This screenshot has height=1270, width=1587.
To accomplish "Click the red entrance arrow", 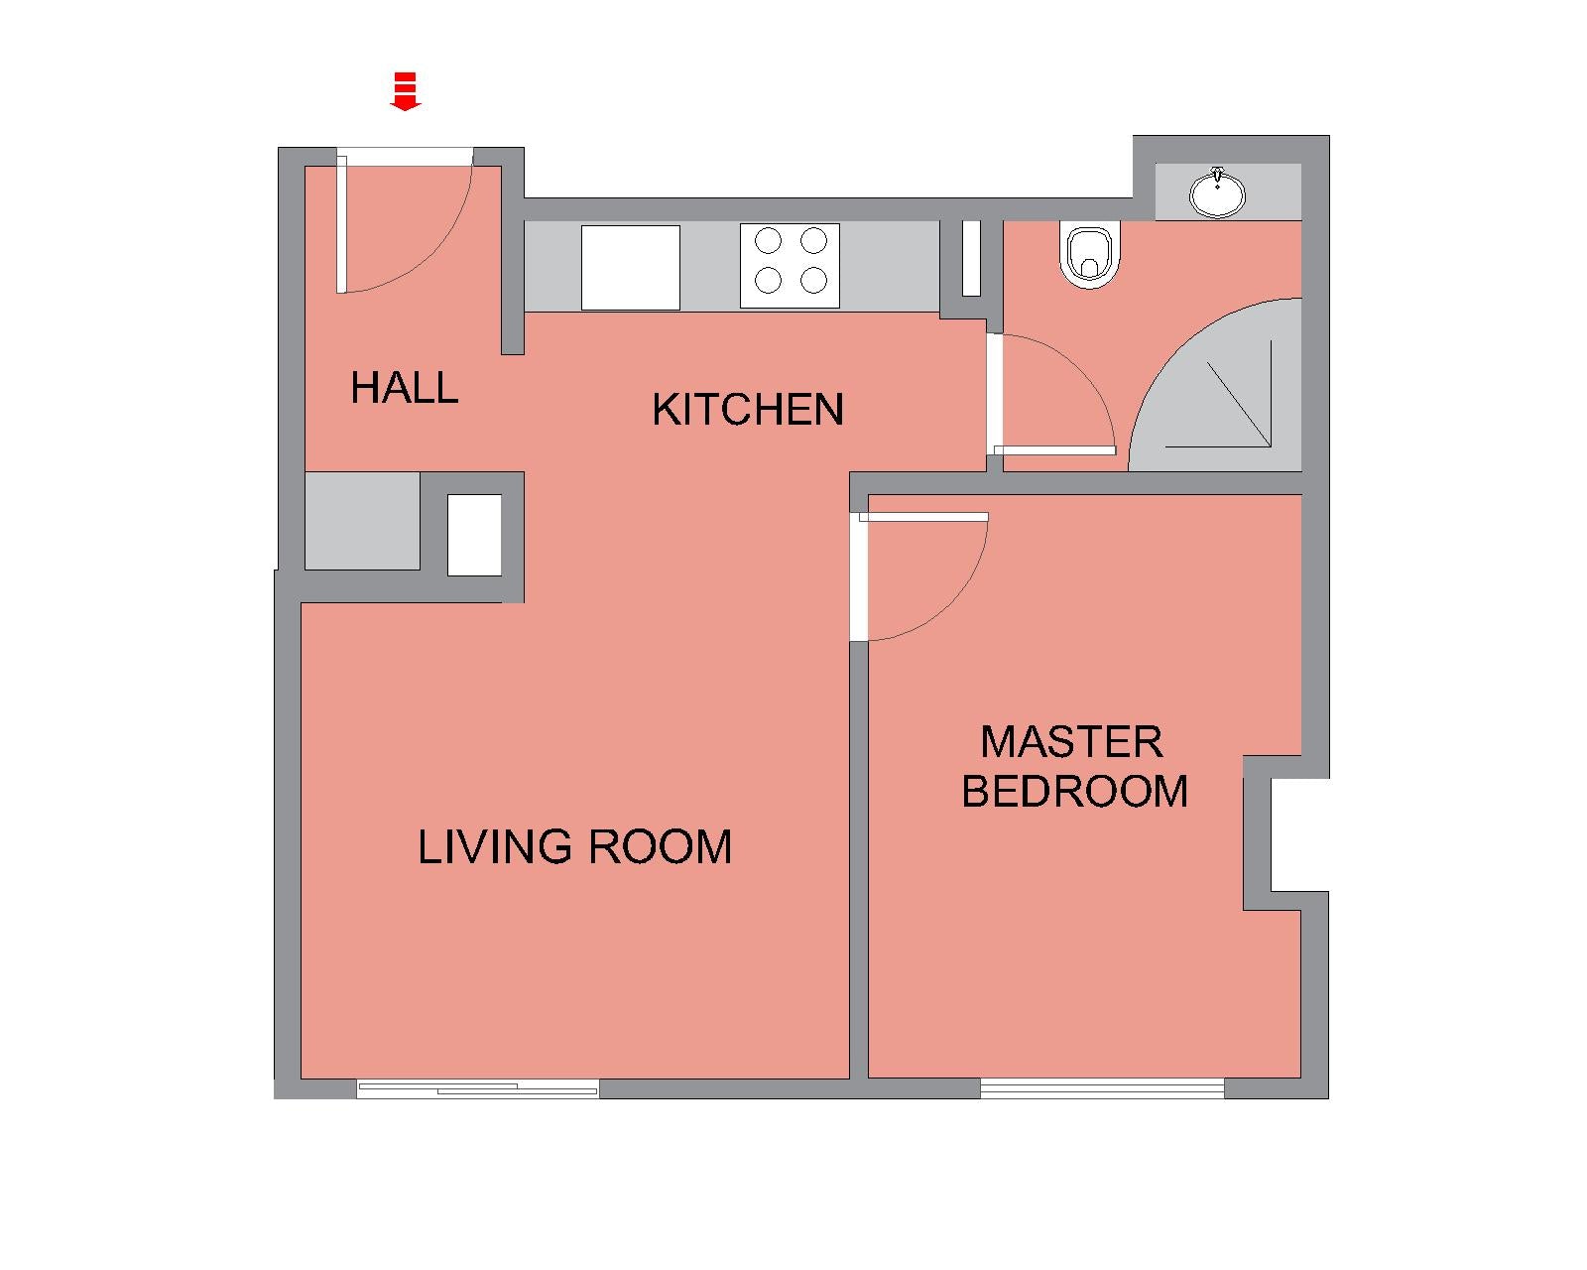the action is coord(406,91).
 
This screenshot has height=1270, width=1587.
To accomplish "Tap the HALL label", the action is coord(404,388).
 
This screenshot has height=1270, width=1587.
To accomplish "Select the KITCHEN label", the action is coord(748,410).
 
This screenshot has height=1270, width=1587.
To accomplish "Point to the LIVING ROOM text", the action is coord(574,846).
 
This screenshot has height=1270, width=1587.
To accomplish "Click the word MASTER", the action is coord(1071,741).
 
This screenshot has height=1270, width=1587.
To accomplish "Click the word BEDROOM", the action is coord(1074,791).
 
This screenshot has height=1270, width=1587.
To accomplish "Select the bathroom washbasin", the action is coord(1217,192).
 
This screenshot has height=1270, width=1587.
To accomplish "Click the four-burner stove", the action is coord(790,266).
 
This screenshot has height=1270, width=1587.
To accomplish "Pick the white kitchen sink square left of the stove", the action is coord(631,267).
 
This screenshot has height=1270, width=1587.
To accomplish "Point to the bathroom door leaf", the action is coord(1054,450).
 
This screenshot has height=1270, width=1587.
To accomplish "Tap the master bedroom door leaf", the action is coord(923,517).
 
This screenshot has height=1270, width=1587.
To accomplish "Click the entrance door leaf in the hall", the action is coord(341,224).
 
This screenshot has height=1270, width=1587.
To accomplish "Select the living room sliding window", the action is coord(477,1087).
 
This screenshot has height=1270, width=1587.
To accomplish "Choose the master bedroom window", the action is coord(1103,1087).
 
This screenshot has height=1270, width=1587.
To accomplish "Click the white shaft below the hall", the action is coord(474,535).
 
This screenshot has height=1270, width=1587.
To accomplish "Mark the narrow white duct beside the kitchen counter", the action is coord(971,258).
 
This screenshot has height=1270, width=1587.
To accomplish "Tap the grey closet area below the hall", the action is coord(362,521).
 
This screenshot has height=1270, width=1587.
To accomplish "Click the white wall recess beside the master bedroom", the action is coord(1299,834).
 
